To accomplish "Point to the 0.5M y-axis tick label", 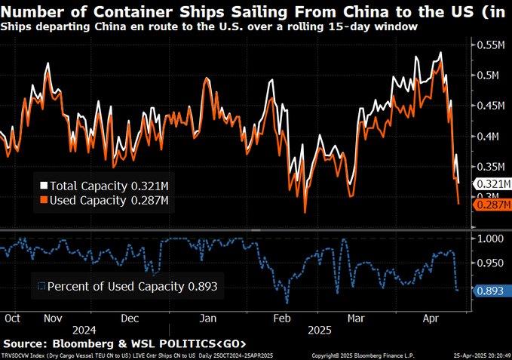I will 494,75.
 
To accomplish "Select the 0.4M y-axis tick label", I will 494,137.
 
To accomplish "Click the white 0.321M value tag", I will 494,184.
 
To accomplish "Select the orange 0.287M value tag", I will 494,205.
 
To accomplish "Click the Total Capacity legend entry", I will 104,186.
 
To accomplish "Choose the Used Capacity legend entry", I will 104,200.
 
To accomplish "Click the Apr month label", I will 432,318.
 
